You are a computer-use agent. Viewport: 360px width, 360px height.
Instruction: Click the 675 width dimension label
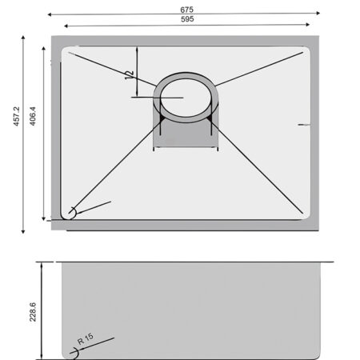tap(186, 10)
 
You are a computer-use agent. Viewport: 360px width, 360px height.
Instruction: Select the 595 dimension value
tap(187, 19)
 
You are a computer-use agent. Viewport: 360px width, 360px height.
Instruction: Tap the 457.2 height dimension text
tap(17, 116)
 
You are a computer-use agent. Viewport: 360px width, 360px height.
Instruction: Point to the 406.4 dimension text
tap(33, 116)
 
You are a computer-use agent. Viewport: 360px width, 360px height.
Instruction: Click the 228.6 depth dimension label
tap(33, 312)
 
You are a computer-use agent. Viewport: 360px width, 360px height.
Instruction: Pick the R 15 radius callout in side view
tap(86, 339)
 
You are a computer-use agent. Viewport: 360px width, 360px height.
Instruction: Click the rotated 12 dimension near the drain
tap(129, 75)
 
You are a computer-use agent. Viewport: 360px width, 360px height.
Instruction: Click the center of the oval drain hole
tap(186, 98)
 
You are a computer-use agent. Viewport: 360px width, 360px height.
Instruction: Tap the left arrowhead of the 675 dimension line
tap(50, 14)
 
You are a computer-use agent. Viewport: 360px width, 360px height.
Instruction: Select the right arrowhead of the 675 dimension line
tap(318, 13)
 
